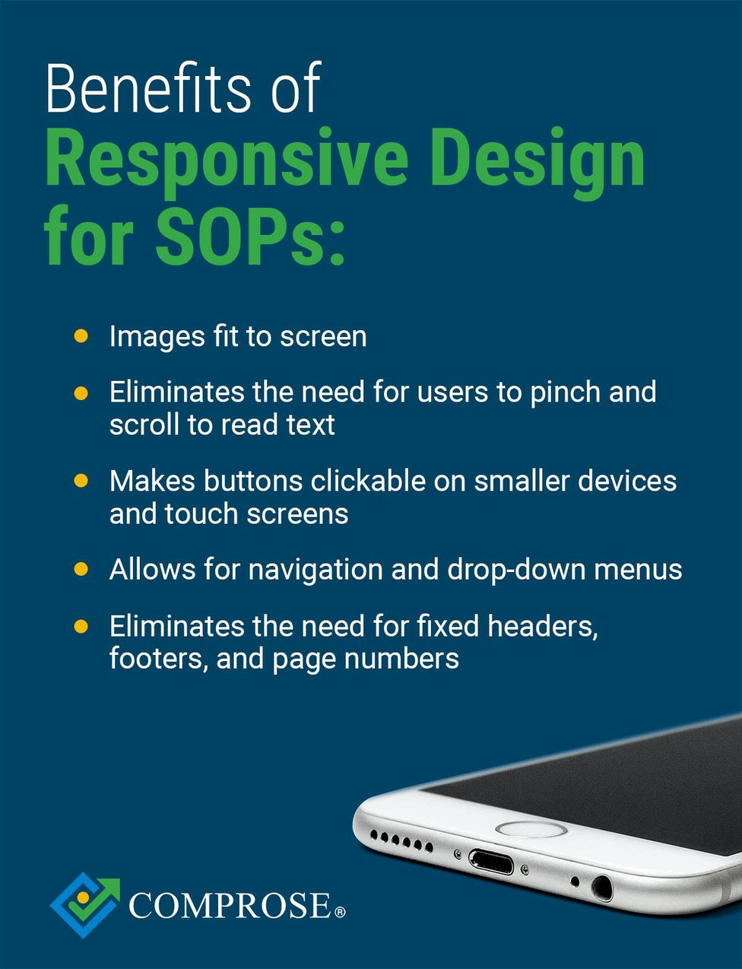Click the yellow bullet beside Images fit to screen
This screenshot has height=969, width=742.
[81, 336]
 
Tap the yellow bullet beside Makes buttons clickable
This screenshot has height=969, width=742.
[81, 481]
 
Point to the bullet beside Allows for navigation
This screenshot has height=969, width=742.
[81, 570]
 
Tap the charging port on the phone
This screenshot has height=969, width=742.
[490, 863]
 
